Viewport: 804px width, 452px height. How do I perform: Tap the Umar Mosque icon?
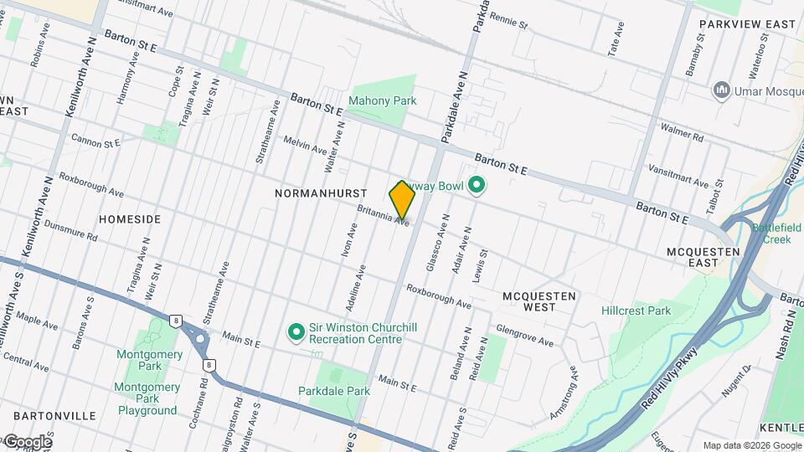coord(721,90)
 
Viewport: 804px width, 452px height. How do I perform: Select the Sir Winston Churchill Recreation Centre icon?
coord(295,332)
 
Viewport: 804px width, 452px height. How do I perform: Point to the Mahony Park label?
coord(382,100)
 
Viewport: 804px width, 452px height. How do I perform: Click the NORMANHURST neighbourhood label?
coord(309,193)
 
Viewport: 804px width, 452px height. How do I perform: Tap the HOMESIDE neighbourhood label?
coord(130,218)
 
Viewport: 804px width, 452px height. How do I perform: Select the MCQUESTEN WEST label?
coord(539,301)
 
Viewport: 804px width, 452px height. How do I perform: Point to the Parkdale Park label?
coord(333,391)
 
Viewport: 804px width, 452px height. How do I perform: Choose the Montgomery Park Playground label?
coord(147,399)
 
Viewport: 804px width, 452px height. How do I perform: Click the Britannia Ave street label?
coord(383,216)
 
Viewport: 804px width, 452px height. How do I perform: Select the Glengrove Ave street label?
coord(525,336)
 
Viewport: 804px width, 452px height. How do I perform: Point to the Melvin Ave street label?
coord(305,146)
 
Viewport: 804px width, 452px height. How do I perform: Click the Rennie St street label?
coord(508,20)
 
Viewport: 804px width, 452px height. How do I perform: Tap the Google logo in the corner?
coord(27,442)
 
